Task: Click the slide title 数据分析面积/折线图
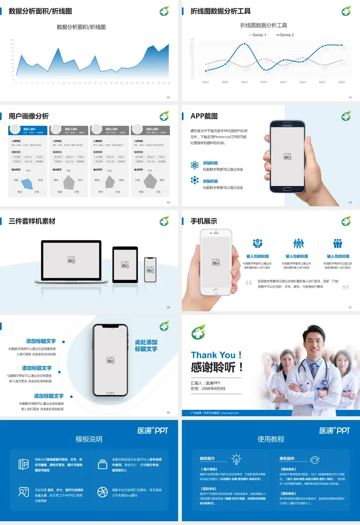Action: pos(40,11)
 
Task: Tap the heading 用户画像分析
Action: pos(28,116)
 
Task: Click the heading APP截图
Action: pos(204,116)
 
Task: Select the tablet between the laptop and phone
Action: pos(125,264)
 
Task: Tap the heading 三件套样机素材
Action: pos(32,221)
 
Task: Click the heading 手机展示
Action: pos(204,221)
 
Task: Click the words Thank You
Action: pos(213,355)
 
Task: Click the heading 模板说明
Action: pos(89,439)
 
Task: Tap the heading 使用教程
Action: pos(271,439)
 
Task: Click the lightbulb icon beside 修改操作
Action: pos(236,459)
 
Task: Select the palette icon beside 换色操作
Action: pos(315,459)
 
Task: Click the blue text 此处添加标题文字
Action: pos(146,345)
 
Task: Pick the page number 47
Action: pos(350,307)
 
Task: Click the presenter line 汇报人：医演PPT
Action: pos(205,383)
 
